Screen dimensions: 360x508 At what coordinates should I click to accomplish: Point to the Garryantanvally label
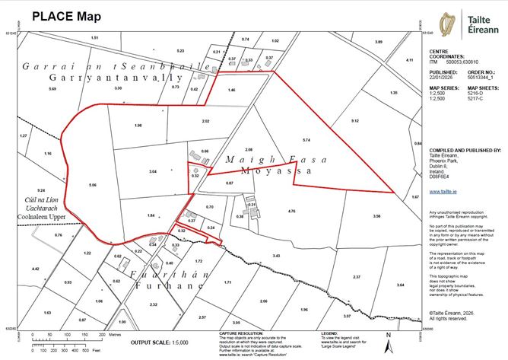click(116, 78)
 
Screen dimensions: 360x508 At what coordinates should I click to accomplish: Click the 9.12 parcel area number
click(354, 120)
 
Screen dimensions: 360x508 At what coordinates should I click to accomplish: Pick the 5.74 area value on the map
click(306, 140)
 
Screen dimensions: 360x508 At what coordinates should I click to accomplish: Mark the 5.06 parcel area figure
click(93, 185)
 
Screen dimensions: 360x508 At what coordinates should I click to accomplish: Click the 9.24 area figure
click(41, 190)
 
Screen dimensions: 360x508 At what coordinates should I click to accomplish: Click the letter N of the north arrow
click(388, 335)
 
